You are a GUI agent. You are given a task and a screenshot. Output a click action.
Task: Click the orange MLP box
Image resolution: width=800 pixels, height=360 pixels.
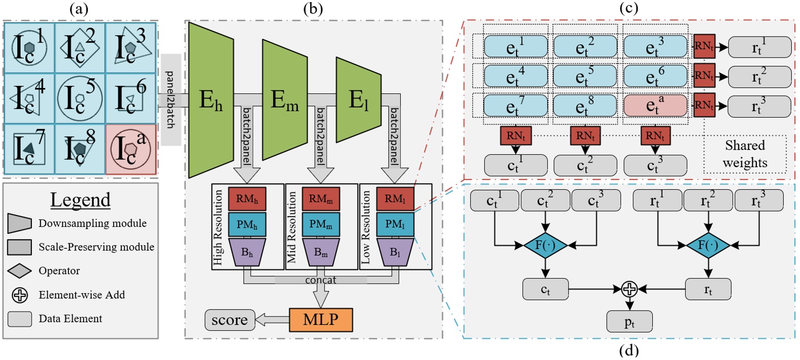321,320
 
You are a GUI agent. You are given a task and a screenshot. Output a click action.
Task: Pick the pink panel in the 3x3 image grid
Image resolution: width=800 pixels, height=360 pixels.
130,149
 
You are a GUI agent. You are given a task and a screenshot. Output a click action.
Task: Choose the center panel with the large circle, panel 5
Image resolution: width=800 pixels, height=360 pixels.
79,98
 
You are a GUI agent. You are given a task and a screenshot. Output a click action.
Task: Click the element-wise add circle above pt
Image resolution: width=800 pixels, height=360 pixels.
629,290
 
